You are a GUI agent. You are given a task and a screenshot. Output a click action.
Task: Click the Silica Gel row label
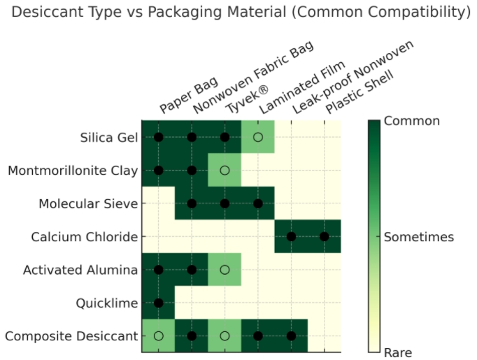click(x=109, y=137)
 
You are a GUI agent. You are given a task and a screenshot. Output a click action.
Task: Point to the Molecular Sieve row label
click(x=88, y=203)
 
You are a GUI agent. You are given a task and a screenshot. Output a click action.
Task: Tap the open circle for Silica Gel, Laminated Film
click(x=258, y=137)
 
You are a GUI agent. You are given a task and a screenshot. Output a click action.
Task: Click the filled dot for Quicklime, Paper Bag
click(x=159, y=303)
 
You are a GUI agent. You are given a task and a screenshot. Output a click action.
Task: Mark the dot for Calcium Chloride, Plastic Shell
click(x=325, y=237)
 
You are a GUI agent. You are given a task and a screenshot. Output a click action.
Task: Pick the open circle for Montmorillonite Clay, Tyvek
click(x=225, y=170)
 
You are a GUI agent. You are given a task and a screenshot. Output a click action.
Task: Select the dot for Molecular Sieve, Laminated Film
click(x=258, y=203)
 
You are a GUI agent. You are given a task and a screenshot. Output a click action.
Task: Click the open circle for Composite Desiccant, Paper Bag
click(x=159, y=336)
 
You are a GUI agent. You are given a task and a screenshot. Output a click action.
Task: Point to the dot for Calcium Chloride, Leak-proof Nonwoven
click(x=291, y=237)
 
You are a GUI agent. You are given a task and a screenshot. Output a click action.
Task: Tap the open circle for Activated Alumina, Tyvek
click(x=225, y=270)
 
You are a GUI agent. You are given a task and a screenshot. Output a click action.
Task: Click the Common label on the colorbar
click(x=412, y=121)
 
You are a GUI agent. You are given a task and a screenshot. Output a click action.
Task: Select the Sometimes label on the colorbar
click(x=419, y=237)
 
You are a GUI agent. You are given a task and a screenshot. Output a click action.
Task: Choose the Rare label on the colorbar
click(x=398, y=352)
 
